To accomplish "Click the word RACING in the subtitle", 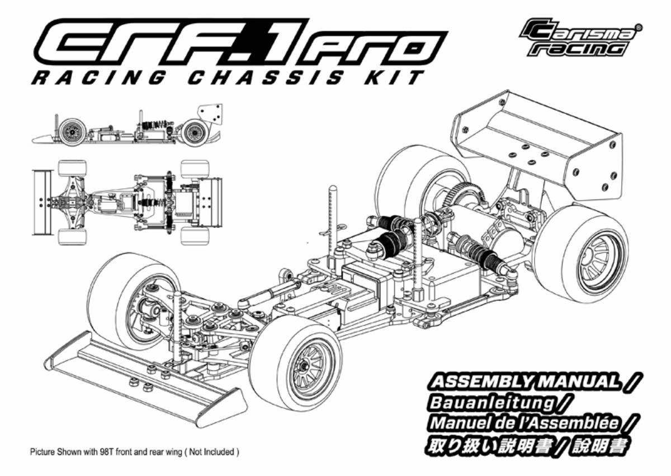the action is (x=98, y=78).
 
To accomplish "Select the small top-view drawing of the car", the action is (x=127, y=203).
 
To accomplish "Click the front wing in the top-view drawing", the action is (x=42, y=203).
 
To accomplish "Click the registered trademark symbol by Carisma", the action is (x=638, y=27).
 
